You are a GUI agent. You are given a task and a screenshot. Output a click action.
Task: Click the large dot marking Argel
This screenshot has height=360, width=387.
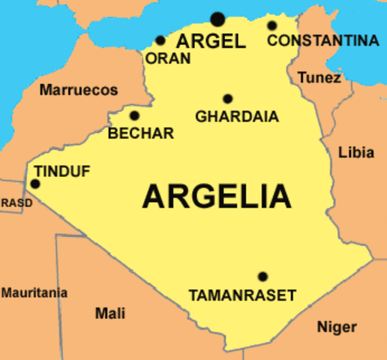pos(217,19)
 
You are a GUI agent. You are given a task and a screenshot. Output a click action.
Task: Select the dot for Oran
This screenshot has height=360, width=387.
pos(160,40)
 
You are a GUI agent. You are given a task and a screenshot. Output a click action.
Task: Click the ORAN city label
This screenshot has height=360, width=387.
pos(168,58)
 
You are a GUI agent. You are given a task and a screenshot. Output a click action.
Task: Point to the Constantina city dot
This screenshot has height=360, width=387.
pos(272,25)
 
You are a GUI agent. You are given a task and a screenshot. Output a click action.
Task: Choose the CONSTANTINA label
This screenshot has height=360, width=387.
pos(322,40)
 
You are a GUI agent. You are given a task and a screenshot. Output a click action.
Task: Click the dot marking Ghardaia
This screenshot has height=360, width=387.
pos(227,98)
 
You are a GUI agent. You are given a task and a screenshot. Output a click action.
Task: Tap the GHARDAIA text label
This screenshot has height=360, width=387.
pos(236,117)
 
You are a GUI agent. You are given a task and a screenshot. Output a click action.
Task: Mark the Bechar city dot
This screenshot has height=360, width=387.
pos(134,115)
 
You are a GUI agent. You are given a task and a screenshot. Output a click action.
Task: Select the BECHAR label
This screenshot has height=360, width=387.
pos(141,133)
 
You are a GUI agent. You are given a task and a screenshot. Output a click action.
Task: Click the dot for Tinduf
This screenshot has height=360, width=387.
pos(34,184)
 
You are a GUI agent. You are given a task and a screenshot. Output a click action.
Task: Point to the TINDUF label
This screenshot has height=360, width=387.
pos(62,172)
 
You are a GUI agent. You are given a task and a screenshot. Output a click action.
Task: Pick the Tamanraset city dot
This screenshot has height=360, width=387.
pos(262,276)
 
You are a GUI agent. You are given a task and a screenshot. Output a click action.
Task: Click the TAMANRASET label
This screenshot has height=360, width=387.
pos(242,295)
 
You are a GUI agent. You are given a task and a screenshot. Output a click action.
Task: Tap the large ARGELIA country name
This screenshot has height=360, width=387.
pos(217,196)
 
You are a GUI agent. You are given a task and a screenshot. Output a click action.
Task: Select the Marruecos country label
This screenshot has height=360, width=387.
pos(79,90)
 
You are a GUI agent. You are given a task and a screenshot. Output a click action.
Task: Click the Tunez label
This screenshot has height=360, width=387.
pos(319,77)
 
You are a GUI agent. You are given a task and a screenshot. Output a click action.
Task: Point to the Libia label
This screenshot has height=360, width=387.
pos(356,153)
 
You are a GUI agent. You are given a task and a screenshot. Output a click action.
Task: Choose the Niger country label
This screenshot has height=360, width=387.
pos(337,327)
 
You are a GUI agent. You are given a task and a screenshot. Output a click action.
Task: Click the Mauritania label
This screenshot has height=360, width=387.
pos(34,292)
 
